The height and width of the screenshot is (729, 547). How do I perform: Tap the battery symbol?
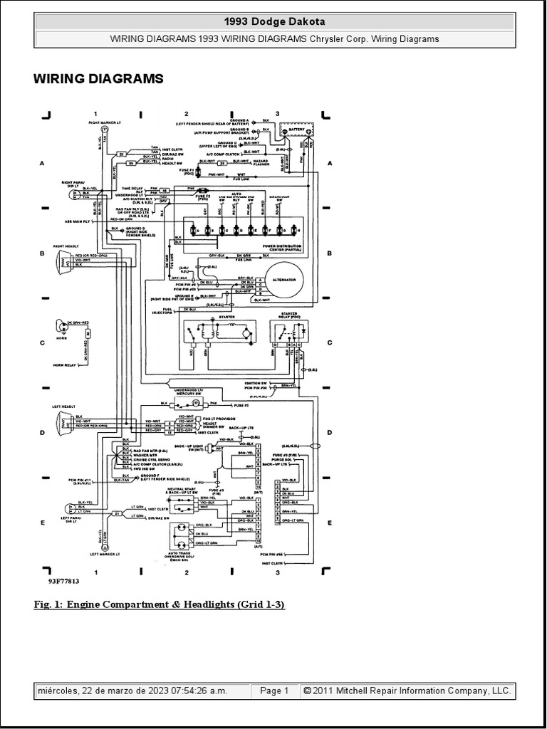[x=296, y=132]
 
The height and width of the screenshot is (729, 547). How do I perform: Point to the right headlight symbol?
[x=58, y=261]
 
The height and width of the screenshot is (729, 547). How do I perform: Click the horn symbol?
[x=58, y=328]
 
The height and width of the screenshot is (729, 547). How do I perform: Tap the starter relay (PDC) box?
[x=288, y=332]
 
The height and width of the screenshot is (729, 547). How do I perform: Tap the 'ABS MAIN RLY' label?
[x=75, y=220]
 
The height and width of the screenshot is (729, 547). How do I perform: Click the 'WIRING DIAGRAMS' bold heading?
[x=98, y=79]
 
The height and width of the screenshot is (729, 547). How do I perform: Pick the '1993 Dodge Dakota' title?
[x=274, y=22]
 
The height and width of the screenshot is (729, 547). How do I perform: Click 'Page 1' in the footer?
[x=274, y=691]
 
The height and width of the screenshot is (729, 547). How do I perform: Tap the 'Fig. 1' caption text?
[x=159, y=604]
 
